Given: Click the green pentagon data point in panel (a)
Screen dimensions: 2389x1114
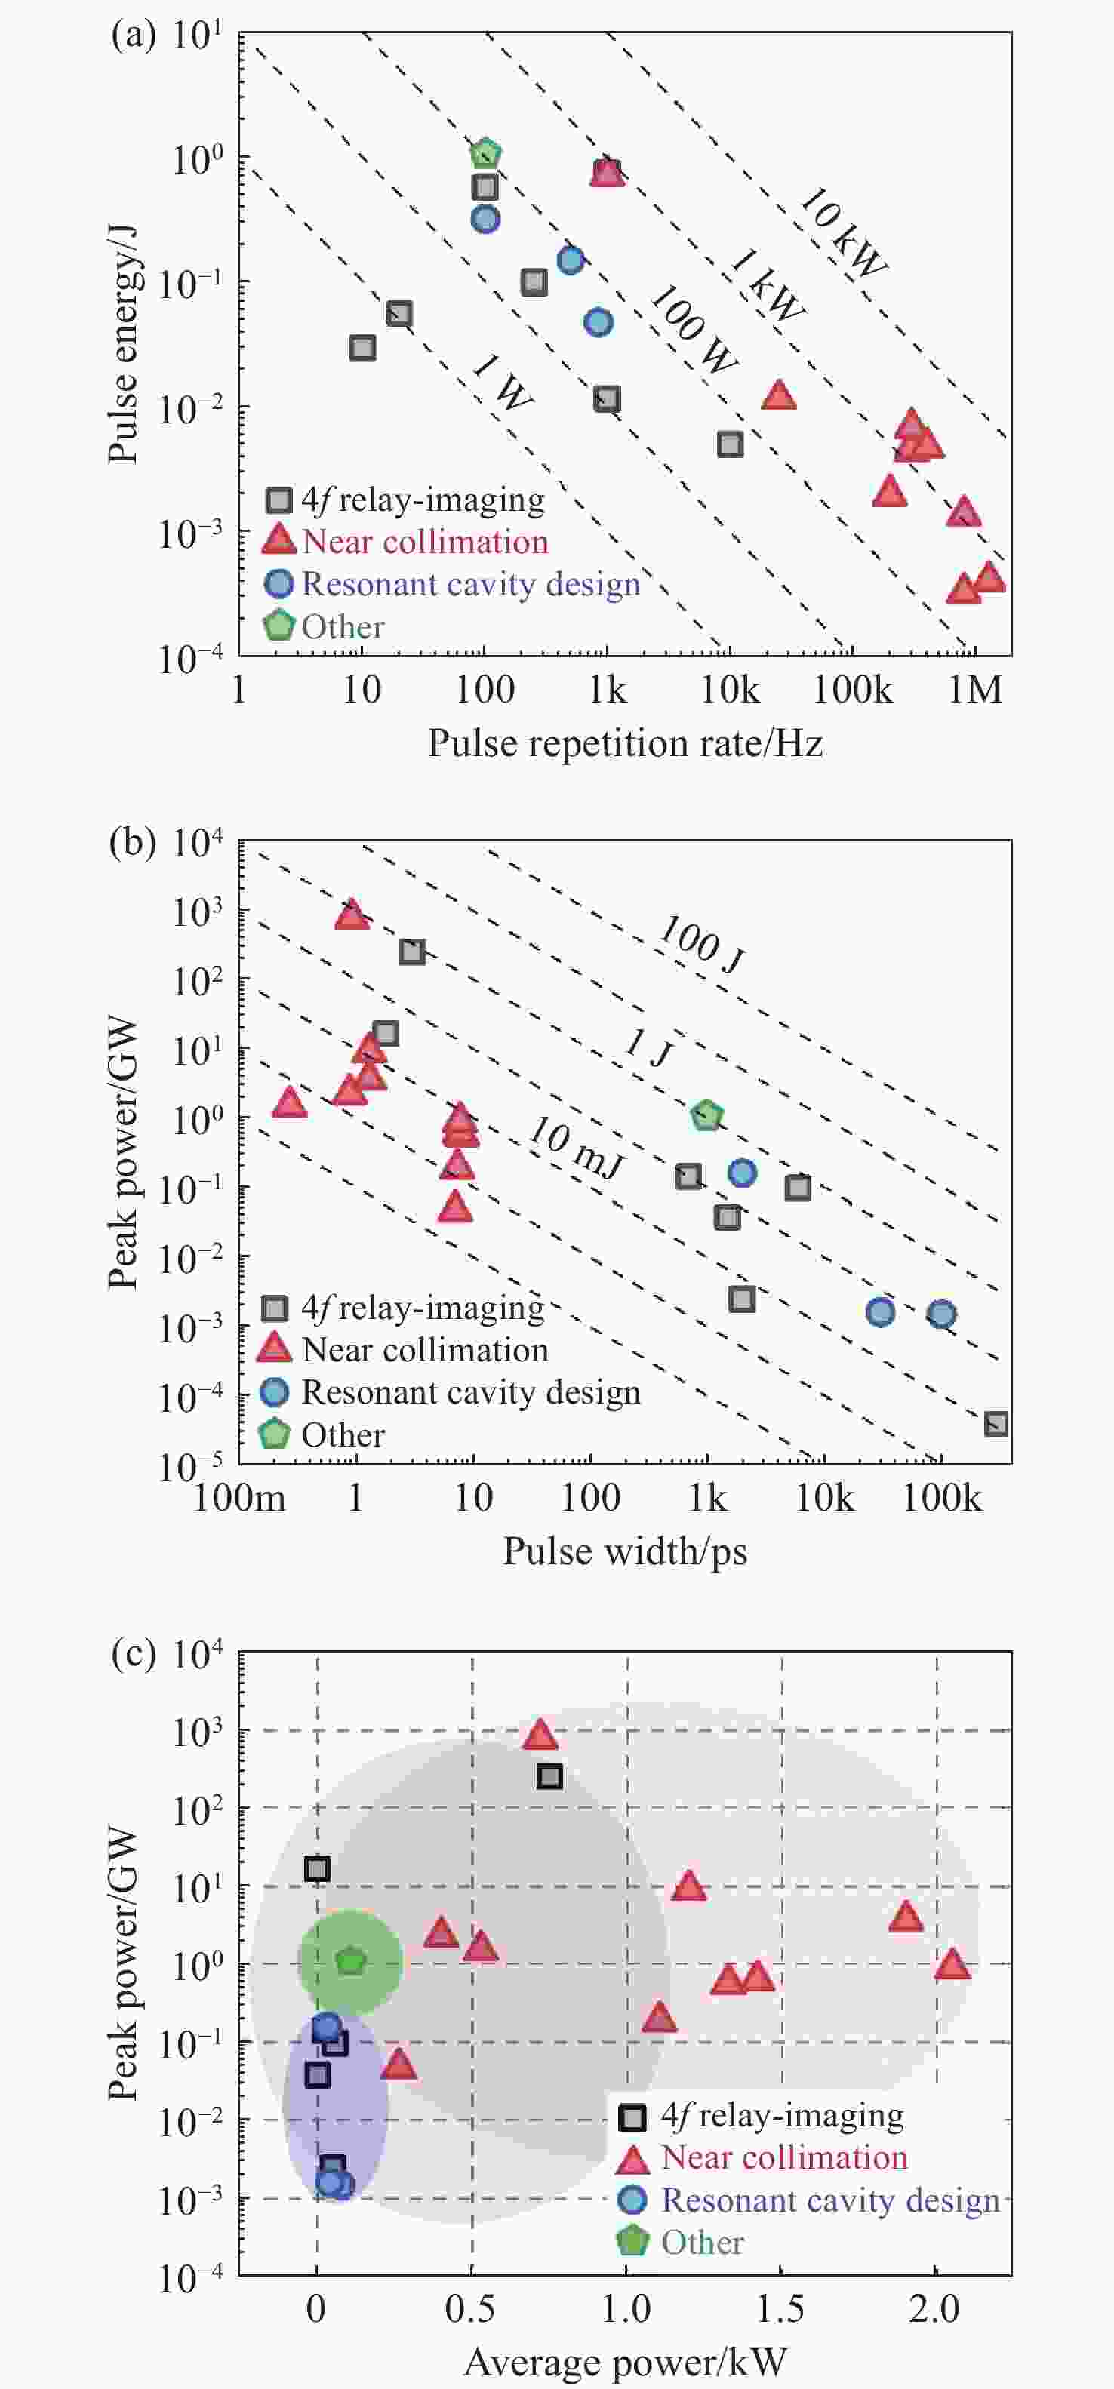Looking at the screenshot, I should (x=485, y=153).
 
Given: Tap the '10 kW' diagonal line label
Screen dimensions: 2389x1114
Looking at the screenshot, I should (x=842, y=232).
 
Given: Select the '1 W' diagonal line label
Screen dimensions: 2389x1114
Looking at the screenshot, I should (x=502, y=382).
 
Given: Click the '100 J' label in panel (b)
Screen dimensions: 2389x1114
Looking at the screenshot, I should (x=701, y=945).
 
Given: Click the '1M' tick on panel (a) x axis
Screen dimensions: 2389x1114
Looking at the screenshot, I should (x=975, y=689).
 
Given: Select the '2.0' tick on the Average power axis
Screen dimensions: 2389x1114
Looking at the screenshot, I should (x=935, y=2308).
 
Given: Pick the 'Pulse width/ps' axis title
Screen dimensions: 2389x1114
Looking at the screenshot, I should (x=625, y=1551).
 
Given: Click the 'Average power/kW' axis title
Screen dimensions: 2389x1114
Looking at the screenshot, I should (x=625, y=2361).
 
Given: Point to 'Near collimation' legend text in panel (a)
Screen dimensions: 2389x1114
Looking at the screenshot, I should (x=425, y=542).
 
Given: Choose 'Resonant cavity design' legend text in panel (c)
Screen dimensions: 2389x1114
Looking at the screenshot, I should (x=830, y=2200).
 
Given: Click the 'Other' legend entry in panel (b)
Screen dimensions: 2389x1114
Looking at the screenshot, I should (x=342, y=1434).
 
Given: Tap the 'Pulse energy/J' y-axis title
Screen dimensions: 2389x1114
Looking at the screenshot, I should (x=122, y=344).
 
